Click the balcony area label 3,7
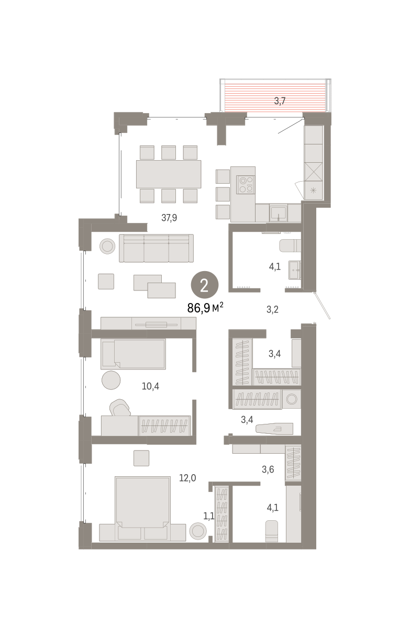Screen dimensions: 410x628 coord(280,101)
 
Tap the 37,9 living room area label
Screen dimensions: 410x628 coord(169,218)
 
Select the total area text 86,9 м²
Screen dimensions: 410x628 coord(205,308)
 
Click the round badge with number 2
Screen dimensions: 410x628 coord(204,285)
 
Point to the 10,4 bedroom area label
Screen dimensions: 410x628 coord(150,386)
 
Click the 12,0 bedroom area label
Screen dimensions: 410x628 coord(187,478)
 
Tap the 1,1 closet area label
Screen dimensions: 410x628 coord(208,516)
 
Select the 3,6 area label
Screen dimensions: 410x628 coord(268,469)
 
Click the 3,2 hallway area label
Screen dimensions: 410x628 coord(272,309)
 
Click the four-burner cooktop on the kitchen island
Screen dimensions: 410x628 coord(246,185)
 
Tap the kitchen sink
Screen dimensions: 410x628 coord(278,213)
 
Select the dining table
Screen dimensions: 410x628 coord(169,174)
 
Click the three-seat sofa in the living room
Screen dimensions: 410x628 coord(156,248)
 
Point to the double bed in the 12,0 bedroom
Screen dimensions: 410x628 coord(142,508)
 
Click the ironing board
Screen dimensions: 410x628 coord(274,429)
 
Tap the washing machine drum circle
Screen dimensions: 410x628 coord(292,399)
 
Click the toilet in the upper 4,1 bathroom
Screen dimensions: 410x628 coord(290,246)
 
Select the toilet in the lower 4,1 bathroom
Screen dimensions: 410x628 coord(271,532)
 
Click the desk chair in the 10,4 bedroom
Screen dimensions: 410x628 coord(120,408)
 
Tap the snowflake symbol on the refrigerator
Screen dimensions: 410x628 coord(313,190)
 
